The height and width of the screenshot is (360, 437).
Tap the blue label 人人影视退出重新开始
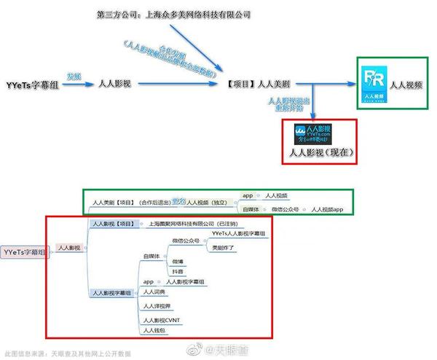tap(288, 104)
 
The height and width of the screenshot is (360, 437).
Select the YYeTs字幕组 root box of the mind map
tap(24, 251)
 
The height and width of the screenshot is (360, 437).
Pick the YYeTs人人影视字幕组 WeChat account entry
tap(238, 233)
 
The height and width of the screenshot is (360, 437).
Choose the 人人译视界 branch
tap(161, 307)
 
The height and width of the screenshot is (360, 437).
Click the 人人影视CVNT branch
tap(165, 320)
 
